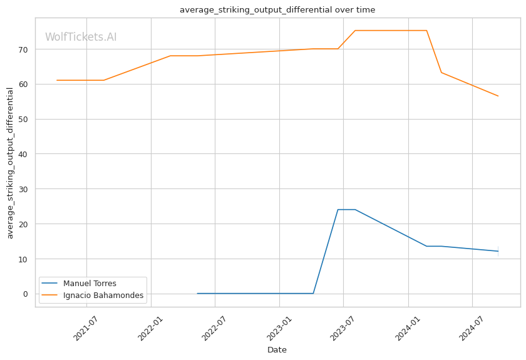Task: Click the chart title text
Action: [x=277, y=10]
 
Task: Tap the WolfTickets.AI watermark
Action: [x=81, y=37]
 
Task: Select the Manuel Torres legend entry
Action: [x=90, y=284]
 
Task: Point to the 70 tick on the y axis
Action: [x=23, y=49]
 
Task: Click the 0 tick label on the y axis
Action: [x=26, y=294]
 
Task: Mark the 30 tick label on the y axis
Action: [x=23, y=189]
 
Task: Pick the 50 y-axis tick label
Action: [x=23, y=120]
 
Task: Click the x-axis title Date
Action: [x=277, y=350]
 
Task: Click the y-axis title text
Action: [x=10, y=163]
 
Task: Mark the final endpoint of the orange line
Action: [x=498, y=96]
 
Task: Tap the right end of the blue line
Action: [x=498, y=251]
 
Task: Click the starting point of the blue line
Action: [x=197, y=294]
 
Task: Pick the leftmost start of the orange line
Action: [x=57, y=81]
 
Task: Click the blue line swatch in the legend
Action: [x=49, y=284]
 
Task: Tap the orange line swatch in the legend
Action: [x=49, y=296]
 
